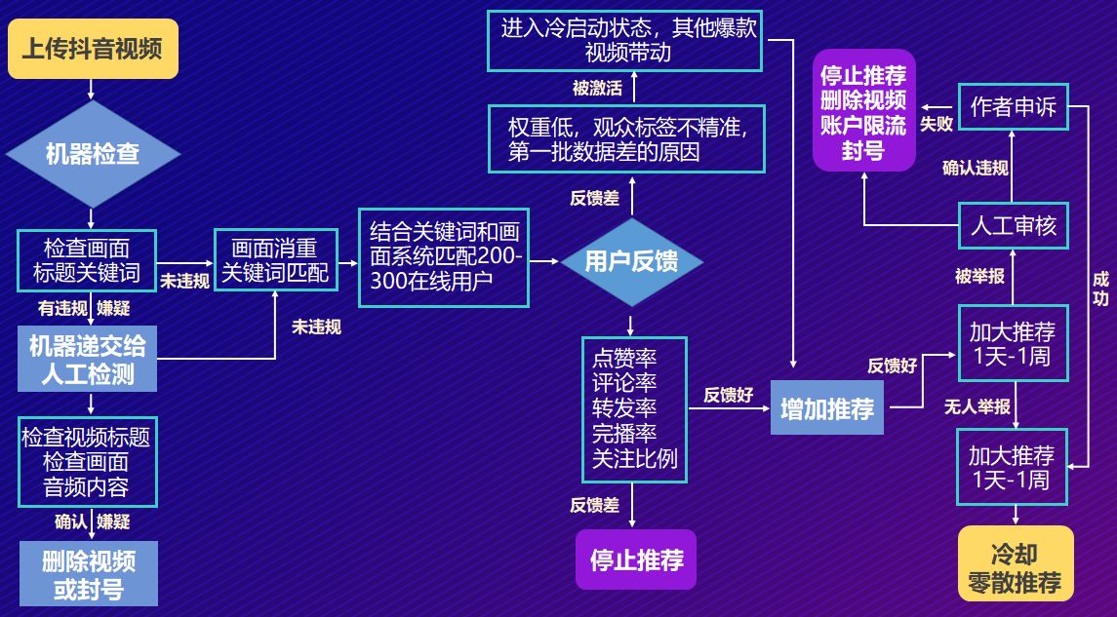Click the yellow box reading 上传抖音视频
93,49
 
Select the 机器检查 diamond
93,153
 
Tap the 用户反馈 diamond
631,260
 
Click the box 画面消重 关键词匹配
275,260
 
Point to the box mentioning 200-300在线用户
444,256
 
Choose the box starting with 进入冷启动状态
625,40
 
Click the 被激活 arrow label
597,89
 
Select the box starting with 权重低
625,139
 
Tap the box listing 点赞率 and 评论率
634,409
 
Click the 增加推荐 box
827,408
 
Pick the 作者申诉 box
1013,107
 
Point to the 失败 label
936,125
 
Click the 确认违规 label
975,168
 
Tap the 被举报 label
979,276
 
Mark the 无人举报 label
977,406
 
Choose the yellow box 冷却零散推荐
1015,569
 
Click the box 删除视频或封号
88,575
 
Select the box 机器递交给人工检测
88,360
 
